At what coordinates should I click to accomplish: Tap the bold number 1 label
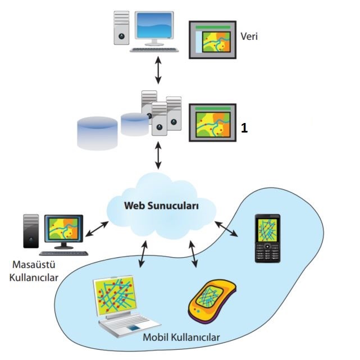coord(244,128)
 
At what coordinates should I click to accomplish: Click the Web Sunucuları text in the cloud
coord(162,206)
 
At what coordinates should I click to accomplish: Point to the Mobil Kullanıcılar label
coord(181,338)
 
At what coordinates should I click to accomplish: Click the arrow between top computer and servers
coord(158,72)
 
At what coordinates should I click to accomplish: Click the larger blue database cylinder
coord(97,133)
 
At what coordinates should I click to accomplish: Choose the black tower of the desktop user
coord(31,231)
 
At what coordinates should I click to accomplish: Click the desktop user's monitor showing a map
coord(65,229)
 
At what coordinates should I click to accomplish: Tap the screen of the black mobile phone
coord(267,230)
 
